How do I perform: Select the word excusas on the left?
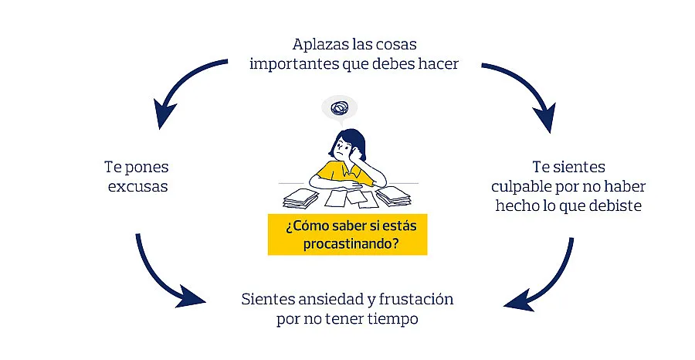(x=135, y=186)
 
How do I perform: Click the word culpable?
(x=524, y=186)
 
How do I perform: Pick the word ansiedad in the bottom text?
(x=324, y=298)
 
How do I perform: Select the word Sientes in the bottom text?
(x=267, y=298)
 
